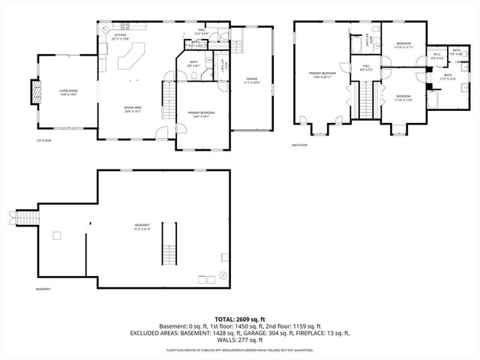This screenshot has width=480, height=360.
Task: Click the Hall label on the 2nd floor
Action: coord(367,67)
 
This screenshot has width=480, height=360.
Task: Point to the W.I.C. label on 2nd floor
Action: coord(437,55)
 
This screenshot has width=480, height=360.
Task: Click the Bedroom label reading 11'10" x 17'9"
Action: coord(403,97)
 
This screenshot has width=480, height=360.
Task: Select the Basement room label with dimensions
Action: coord(142,227)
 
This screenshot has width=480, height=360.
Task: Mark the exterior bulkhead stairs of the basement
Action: coord(28,217)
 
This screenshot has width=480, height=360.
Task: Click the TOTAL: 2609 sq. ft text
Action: coord(240,319)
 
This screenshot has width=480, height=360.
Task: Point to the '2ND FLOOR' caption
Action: coord(300,145)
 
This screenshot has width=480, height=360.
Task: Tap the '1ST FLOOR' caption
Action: coord(43,140)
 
